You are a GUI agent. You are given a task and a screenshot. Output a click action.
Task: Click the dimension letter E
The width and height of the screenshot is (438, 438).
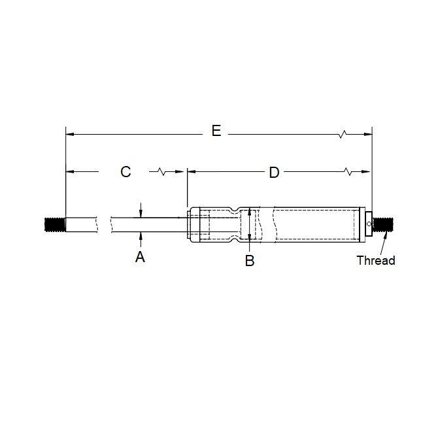[x=216, y=131]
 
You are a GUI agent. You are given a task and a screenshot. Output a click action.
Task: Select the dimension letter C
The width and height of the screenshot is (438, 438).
[x=126, y=172]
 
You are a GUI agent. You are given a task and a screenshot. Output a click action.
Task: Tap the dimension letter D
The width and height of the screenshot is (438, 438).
[x=274, y=173]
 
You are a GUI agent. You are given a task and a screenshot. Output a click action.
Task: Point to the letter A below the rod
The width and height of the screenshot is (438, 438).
[x=140, y=258]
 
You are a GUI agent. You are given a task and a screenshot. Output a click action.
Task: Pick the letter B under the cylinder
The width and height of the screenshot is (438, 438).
[x=249, y=260]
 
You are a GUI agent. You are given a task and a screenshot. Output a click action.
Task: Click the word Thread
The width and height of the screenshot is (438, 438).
[x=375, y=260]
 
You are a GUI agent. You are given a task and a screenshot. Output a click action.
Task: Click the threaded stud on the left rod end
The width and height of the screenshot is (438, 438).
[x=55, y=224]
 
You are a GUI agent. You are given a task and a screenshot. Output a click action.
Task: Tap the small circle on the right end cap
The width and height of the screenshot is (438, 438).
[x=369, y=225]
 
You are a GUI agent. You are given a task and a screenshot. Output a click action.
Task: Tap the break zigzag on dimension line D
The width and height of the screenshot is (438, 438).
[x=349, y=173]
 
